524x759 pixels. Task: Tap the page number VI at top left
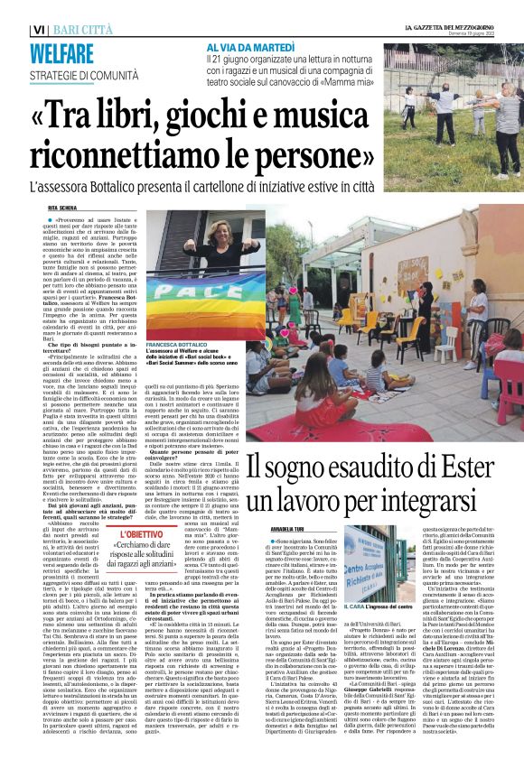pos(39,30)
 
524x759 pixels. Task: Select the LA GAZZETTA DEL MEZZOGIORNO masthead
pos(452,28)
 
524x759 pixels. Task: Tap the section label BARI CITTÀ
pos(86,30)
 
